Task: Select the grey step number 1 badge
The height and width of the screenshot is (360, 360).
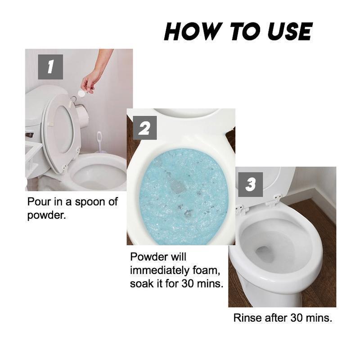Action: [x=50, y=67]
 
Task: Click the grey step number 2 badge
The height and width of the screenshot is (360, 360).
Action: [x=145, y=128]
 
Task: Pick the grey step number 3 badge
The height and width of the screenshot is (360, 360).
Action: [x=251, y=184]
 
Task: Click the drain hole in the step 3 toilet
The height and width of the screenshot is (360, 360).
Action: [x=265, y=255]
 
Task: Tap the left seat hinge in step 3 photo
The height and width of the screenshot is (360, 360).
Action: [x=241, y=209]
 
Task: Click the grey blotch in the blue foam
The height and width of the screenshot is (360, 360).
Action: [x=177, y=185]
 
